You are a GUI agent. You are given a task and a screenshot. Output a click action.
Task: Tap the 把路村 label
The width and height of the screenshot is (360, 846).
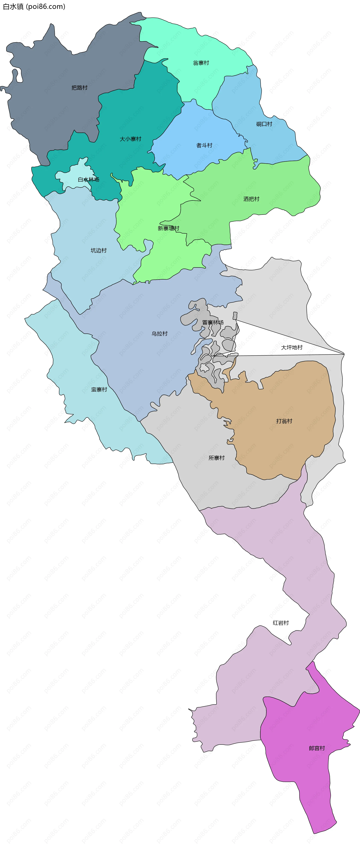pos(79,88)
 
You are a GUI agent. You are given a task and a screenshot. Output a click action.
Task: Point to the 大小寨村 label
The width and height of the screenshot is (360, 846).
pos(130,139)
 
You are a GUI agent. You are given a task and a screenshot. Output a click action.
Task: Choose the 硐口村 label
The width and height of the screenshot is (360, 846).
pos(264,124)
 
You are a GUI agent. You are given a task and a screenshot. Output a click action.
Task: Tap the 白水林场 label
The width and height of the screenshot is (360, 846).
pos(88,179)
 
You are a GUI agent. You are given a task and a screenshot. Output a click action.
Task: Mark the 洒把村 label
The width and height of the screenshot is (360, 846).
pos(251,199)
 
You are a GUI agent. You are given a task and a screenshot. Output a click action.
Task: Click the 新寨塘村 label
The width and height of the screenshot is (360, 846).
pos(169,228)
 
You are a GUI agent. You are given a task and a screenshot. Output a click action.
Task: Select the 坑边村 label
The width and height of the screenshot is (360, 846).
pos(99,250)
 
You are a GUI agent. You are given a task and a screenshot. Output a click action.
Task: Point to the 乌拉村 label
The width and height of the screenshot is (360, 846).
pos(160,333)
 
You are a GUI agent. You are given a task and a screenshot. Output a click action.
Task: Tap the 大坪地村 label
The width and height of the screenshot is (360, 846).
pos(292,347)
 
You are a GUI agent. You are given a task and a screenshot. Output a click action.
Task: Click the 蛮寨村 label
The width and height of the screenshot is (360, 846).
pos(99,390)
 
